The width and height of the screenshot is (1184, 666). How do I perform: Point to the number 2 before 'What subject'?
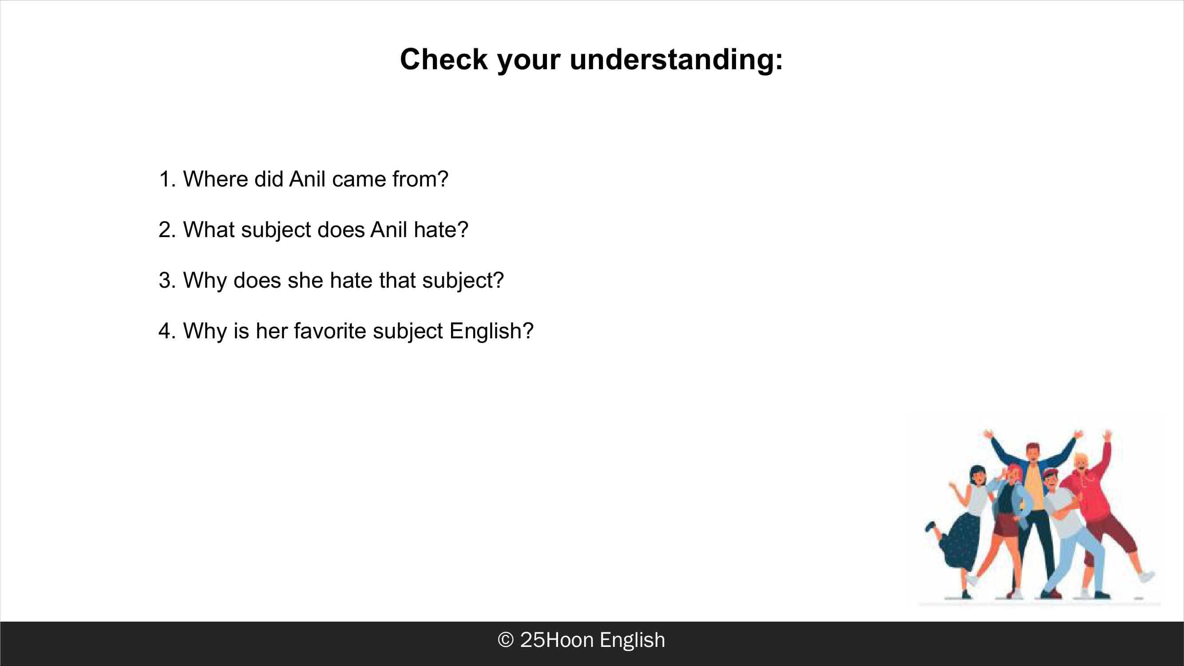165,230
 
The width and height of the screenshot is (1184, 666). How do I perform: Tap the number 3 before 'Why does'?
165,280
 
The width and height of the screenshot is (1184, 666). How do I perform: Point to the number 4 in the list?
165,331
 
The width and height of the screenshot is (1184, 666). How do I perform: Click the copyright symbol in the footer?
506,640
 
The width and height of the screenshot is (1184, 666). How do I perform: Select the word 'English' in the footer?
633,640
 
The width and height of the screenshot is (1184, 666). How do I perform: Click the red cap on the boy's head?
1049,473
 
